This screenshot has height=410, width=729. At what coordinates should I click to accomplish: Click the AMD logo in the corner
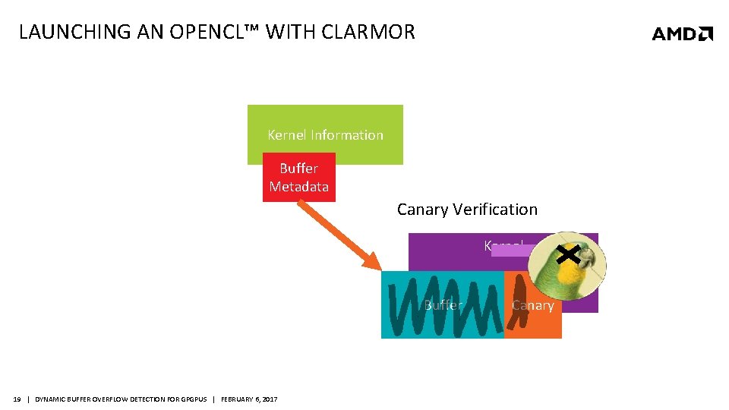coord(682,33)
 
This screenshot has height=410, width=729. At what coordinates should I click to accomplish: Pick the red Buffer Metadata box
coord(298,178)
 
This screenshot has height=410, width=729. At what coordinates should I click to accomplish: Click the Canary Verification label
coord(467,210)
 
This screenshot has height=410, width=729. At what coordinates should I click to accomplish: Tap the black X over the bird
coord(569,254)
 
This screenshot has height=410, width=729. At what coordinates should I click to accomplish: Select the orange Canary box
coord(541,319)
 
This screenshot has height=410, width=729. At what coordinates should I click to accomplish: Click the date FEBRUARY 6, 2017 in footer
coord(249,399)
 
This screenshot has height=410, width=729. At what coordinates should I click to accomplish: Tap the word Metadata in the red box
coord(298,187)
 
